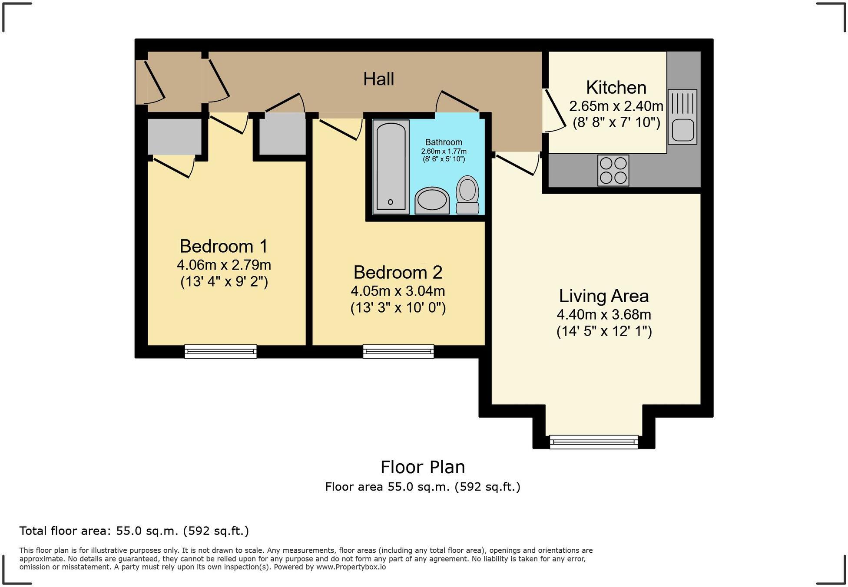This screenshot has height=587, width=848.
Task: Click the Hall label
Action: pyautogui.click(x=378, y=79)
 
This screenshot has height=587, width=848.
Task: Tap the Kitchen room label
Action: pyautogui.click(x=616, y=88)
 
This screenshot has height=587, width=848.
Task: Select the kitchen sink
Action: pyautogui.click(x=682, y=117)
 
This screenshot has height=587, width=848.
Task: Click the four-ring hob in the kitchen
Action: pyautogui.click(x=613, y=170)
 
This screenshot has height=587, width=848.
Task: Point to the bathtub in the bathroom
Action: pyautogui.click(x=391, y=167)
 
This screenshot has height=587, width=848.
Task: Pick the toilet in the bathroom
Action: pyautogui.click(x=467, y=195)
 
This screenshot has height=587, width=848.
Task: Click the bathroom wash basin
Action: pyautogui.click(x=432, y=201)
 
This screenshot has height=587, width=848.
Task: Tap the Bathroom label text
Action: pyautogui.click(x=444, y=142)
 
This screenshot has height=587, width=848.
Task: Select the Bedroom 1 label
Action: pyautogui.click(x=224, y=246)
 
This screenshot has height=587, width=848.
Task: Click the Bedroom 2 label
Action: pyautogui.click(x=398, y=272)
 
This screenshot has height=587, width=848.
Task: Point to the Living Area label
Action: pyautogui.click(x=604, y=296)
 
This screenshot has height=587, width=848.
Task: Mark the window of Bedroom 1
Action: pyautogui.click(x=221, y=351)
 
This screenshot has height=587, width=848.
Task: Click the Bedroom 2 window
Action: pyautogui.click(x=398, y=351)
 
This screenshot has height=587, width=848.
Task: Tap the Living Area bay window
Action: pyautogui.click(x=593, y=442)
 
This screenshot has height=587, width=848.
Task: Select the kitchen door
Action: pyautogui.click(x=554, y=110)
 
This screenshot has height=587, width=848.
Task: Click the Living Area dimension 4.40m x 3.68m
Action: pyautogui.click(x=604, y=314)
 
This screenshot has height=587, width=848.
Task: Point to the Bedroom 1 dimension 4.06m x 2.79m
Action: pyautogui.click(x=224, y=264)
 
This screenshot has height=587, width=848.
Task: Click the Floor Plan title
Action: pyautogui.click(x=423, y=467)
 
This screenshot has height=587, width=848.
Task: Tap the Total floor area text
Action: pyautogui.click(x=134, y=531)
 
